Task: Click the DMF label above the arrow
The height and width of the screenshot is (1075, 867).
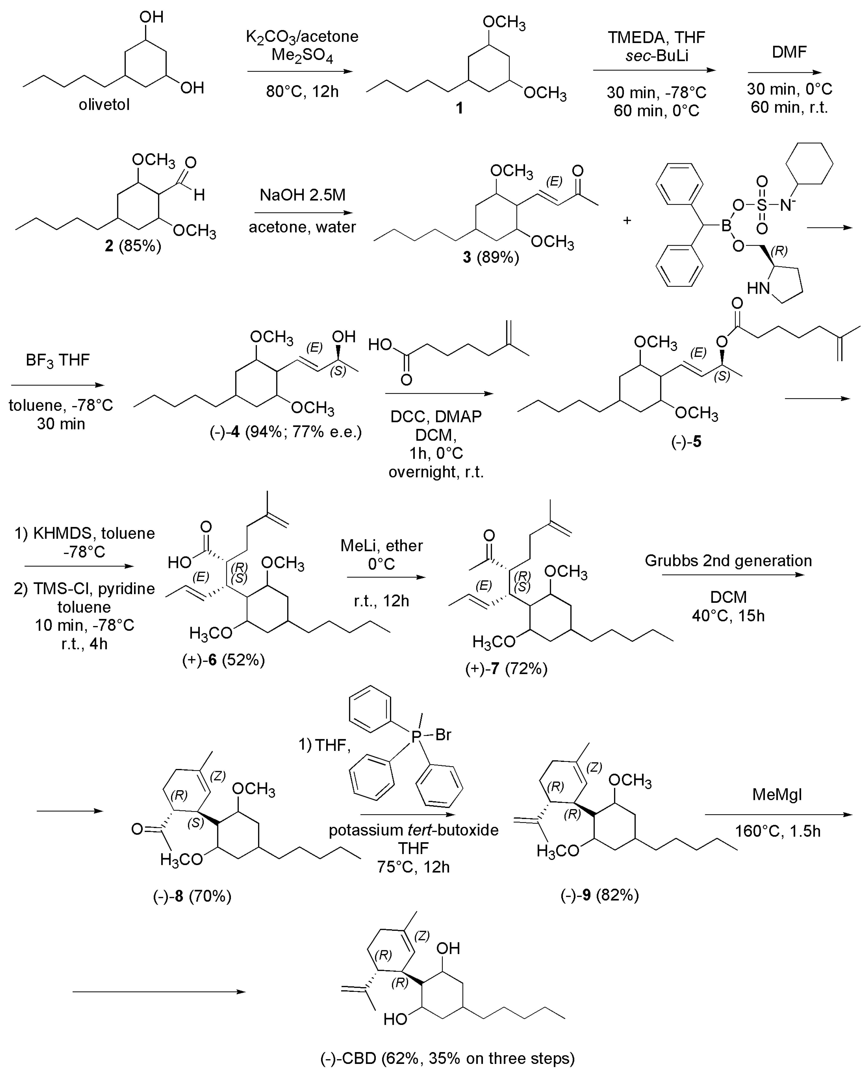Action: point(789,52)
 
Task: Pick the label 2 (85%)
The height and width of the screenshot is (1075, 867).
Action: point(133,246)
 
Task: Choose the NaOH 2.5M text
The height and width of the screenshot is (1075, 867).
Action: point(302,195)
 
